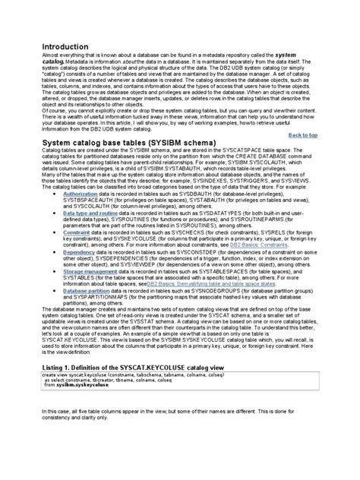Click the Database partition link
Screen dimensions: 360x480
tap(91, 311)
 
